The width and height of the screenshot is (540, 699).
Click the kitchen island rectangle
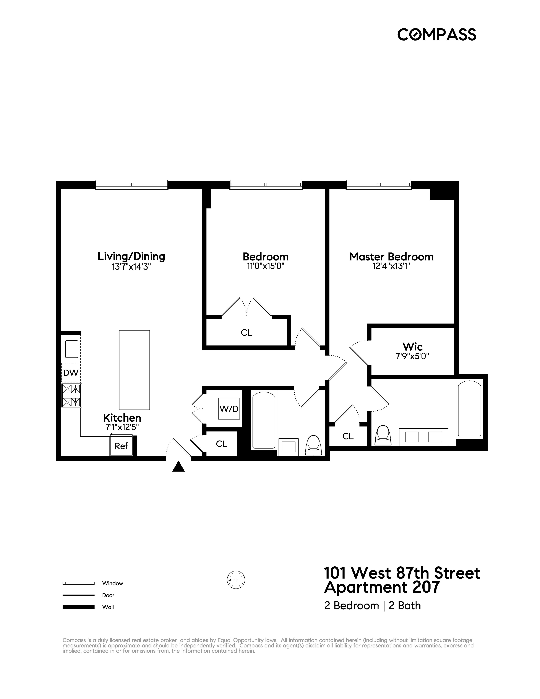[x=134, y=370]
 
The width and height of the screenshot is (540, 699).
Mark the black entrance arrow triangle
[x=178, y=467]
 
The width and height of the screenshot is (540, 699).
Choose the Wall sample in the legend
[x=78, y=607]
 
